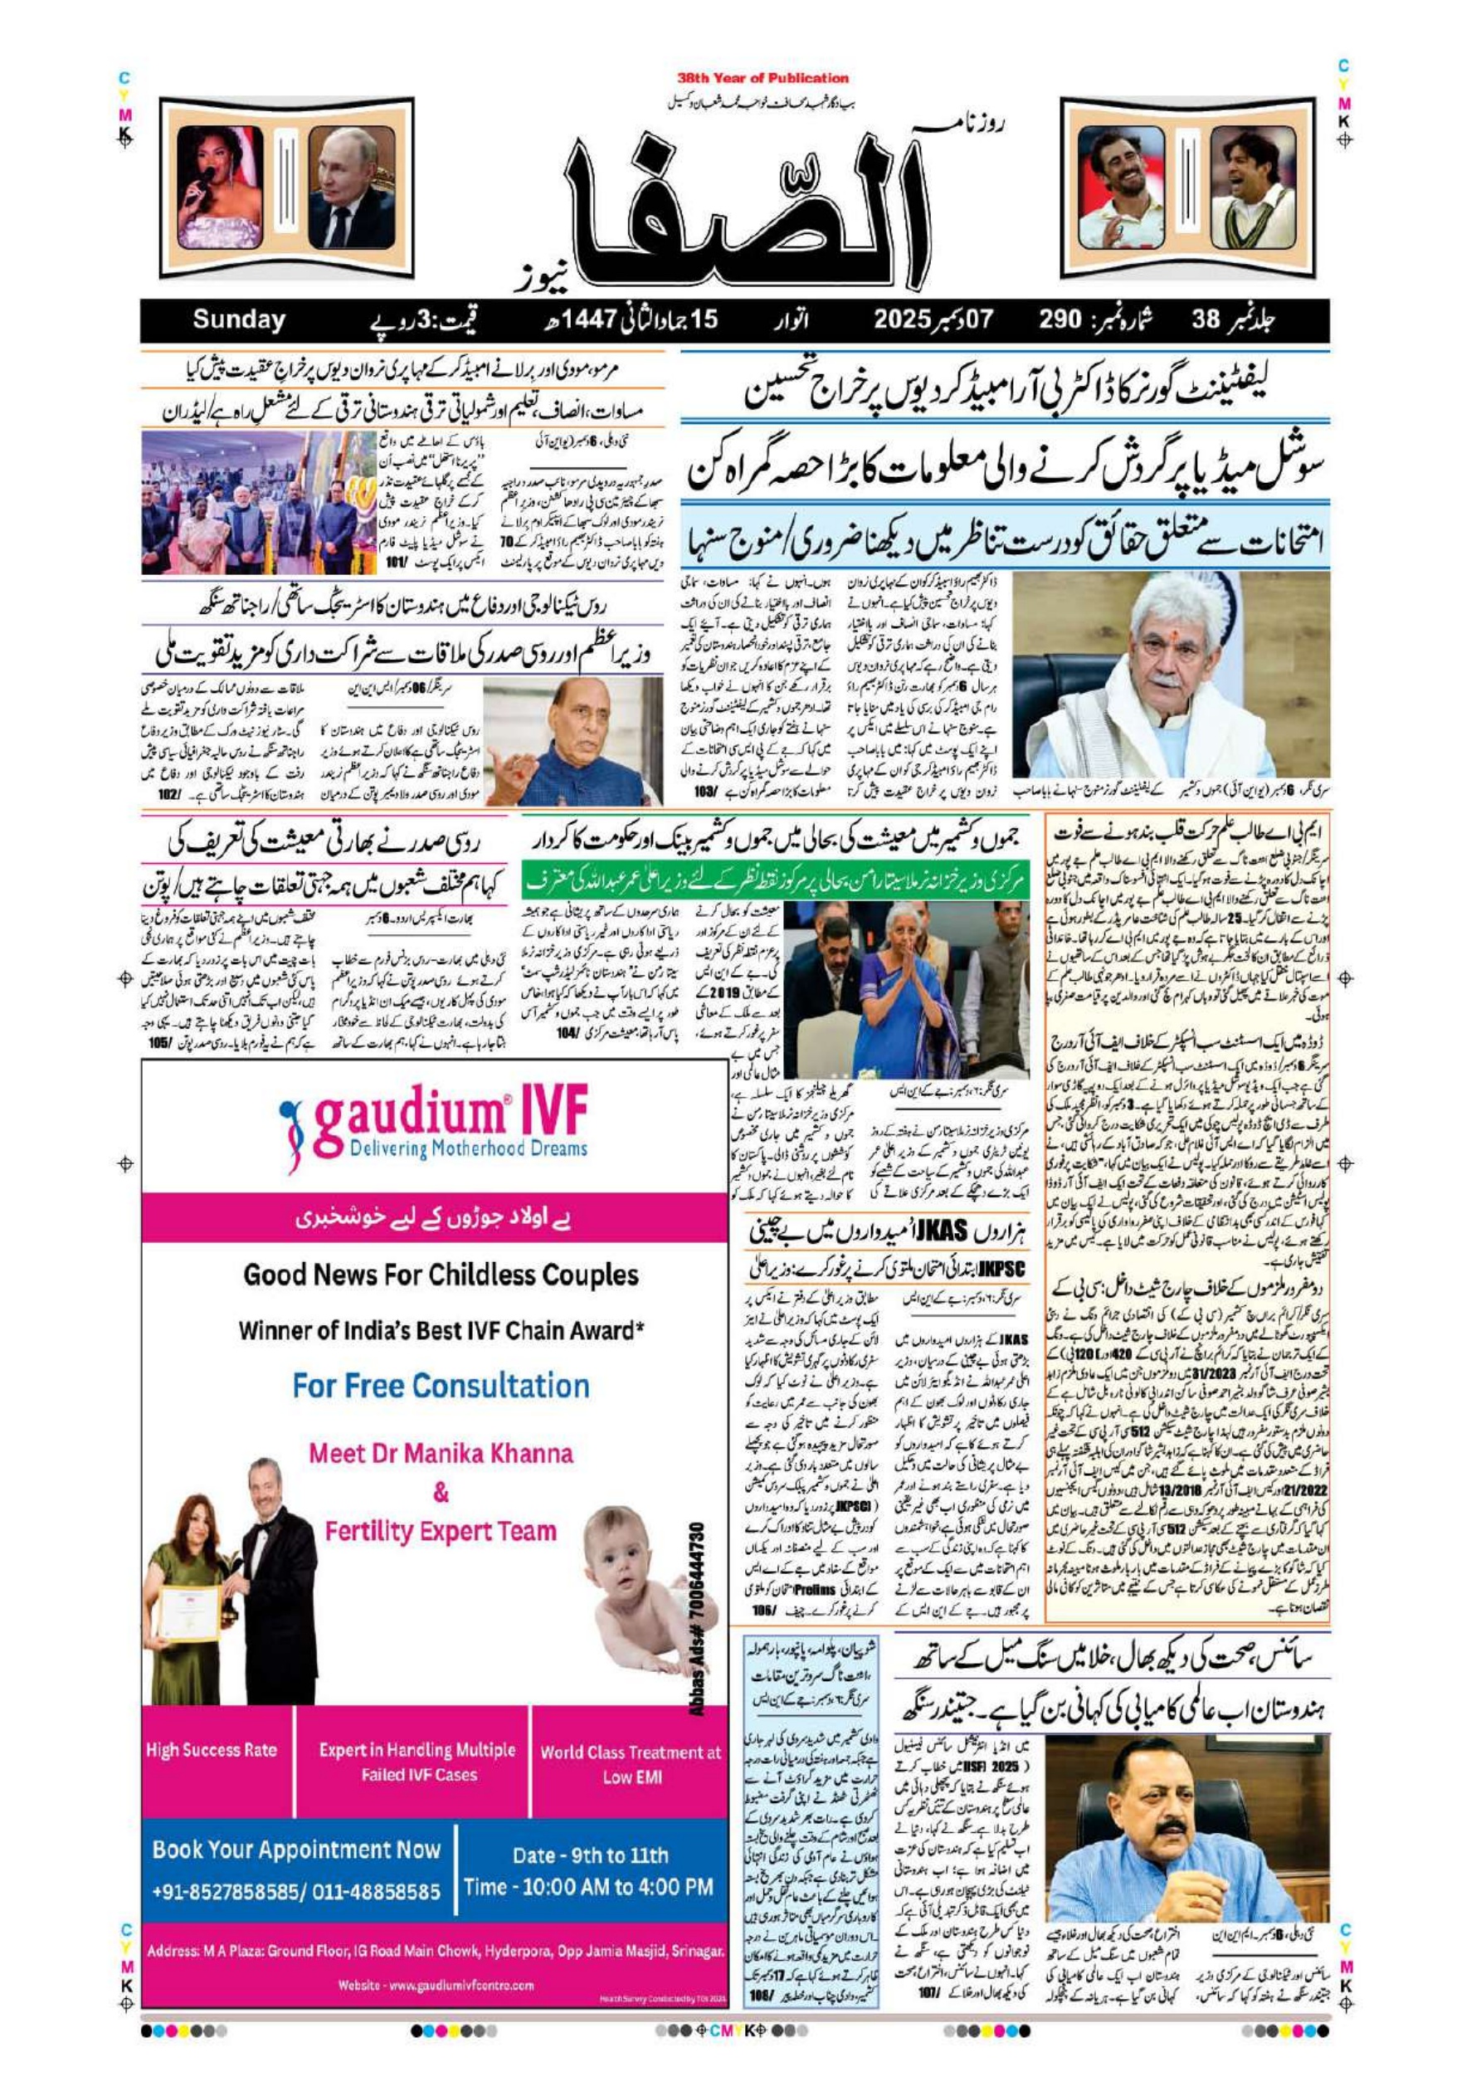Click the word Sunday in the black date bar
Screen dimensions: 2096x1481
point(238,320)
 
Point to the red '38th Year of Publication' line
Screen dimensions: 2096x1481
point(762,79)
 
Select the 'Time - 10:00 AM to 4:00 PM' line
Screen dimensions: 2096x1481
point(588,1887)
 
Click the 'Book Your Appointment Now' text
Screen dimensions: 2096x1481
point(296,1850)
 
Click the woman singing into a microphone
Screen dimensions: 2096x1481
point(219,188)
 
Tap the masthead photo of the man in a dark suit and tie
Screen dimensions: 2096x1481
point(352,188)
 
